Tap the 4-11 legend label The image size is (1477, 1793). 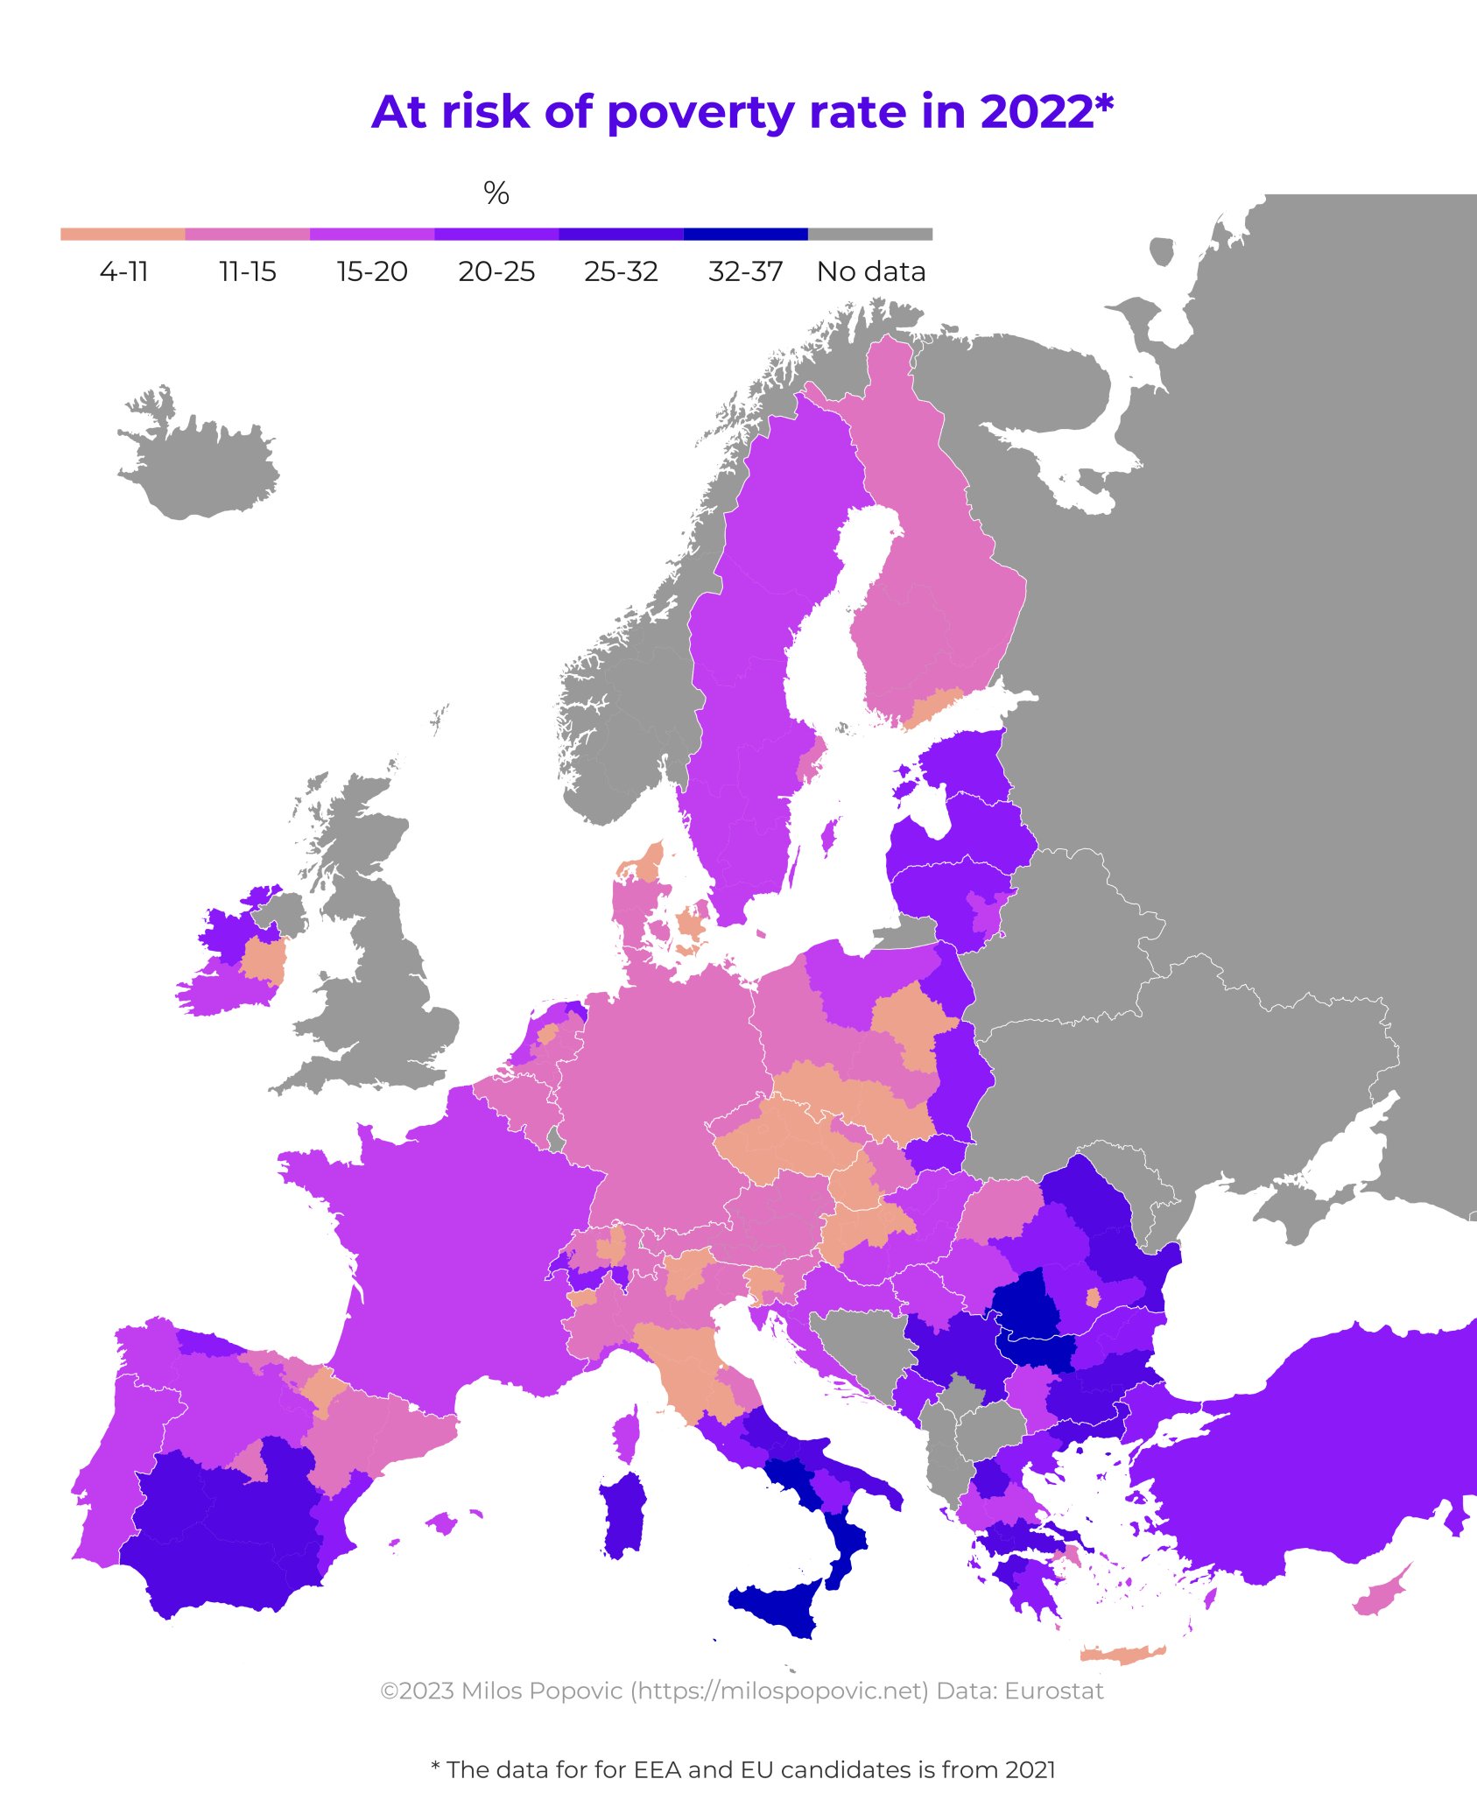click(x=123, y=271)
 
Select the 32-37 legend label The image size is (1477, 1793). click(x=745, y=271)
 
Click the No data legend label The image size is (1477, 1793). click(x=871, y=271)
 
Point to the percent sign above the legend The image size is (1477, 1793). click(x=496, y=193)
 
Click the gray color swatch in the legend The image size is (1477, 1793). click(x=870, y=234)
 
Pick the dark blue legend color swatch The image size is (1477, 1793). click(x=745, y=234)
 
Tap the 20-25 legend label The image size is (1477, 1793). click(x=496, y=271)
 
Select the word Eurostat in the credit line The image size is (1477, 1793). click(x=1054, y=1691)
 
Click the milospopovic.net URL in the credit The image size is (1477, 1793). click(x=779, y=1691)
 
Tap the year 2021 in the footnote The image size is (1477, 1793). click(x=1030, y=1769)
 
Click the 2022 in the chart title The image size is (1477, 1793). click(x=1037, y=113)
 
